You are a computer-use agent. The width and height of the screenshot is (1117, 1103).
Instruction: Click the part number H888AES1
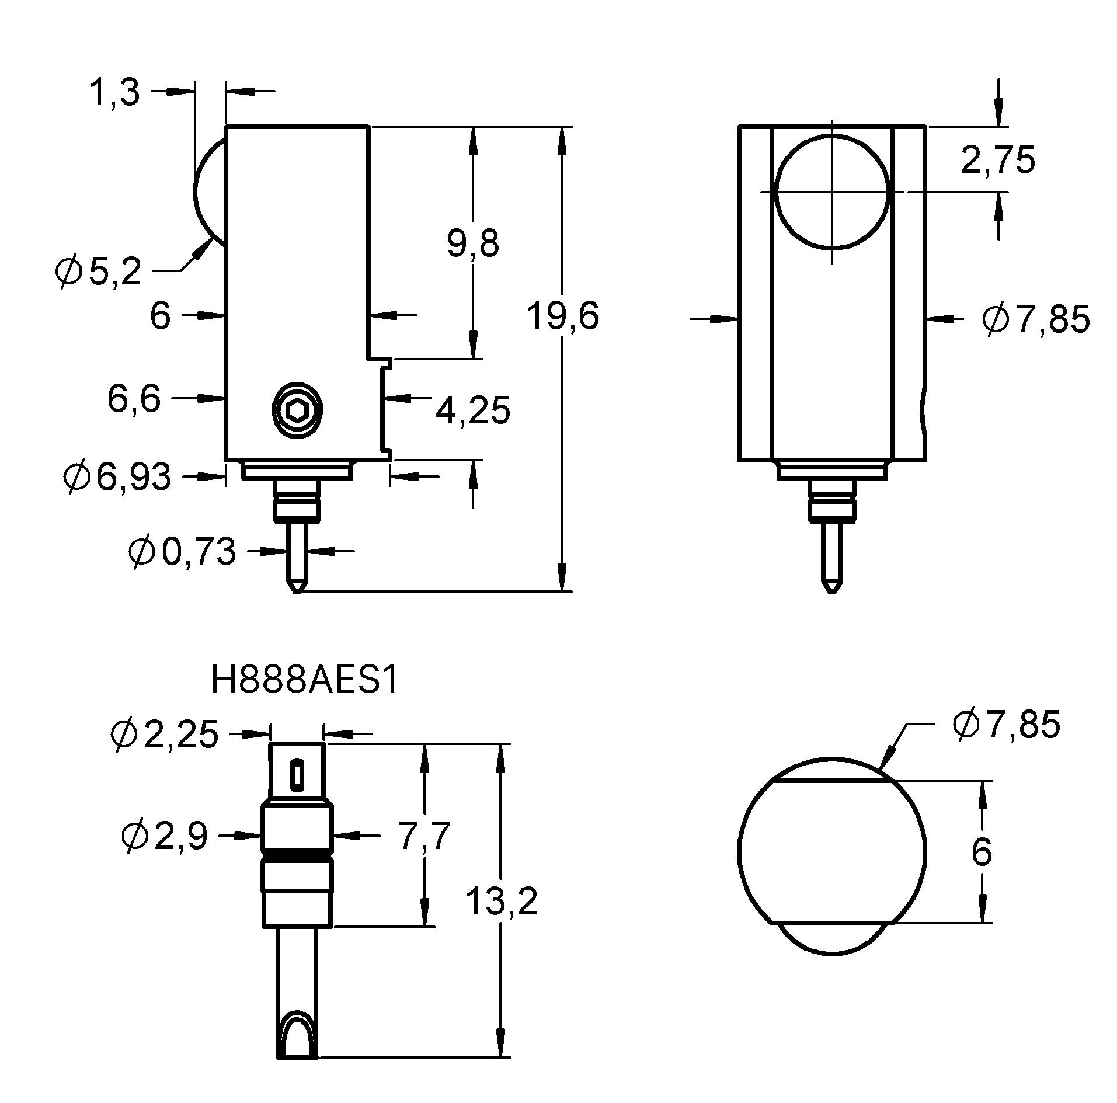coord(304,681)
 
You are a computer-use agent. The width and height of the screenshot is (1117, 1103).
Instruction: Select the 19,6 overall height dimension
coord(562,316)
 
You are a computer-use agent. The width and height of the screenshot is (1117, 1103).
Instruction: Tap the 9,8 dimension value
coord(473,243)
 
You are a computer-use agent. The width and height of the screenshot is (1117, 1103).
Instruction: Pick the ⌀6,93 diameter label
coord(117,476)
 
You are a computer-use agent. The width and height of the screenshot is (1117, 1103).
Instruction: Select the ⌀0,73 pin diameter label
coord(182,552)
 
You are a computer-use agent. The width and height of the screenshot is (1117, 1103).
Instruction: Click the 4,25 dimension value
coord(472,410)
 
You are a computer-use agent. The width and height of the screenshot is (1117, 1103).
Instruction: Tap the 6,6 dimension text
coord(134,399)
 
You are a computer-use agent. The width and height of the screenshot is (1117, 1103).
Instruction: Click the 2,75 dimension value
coord(997,160)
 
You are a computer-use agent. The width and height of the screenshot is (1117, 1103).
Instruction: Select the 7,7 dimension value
coord(424,836)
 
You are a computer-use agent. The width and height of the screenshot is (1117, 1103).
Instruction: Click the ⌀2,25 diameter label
coord(165,735)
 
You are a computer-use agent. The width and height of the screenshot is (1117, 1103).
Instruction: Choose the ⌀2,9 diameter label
coord(165,836)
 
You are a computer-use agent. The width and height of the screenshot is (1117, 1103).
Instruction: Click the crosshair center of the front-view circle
coord(831,191)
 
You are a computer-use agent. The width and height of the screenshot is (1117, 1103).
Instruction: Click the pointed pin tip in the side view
coord(297,587)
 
